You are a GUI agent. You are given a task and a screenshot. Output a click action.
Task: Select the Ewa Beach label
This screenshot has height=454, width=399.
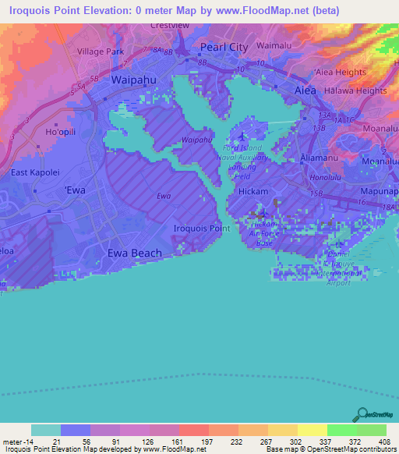(134, 253)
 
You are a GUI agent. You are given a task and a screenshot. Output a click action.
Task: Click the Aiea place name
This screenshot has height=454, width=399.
(305, 90)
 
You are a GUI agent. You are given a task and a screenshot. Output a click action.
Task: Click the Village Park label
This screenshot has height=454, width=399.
(100, 51)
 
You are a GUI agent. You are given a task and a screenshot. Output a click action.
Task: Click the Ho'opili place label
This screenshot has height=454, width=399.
(62, 131)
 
